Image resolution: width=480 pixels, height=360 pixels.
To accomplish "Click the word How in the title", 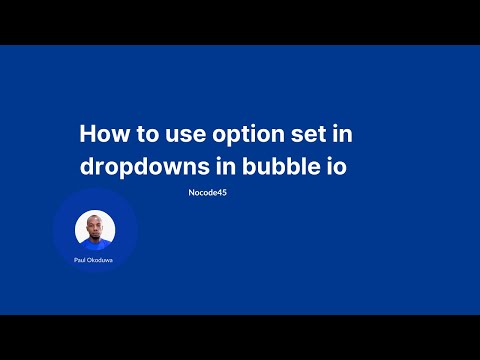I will point(102,134).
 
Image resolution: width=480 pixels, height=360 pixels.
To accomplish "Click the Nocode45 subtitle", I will point(207,192).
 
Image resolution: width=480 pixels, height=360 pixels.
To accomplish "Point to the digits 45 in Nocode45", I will point(222,192).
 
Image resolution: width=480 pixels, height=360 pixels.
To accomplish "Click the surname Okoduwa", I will point(102,260).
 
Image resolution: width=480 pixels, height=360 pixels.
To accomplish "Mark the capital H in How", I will point(87,134).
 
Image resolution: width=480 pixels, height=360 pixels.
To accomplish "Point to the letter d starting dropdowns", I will point(86,166).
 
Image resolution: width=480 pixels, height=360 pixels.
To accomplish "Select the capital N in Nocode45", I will point(190,192).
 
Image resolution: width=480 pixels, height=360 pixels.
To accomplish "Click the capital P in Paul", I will point(75,260).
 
